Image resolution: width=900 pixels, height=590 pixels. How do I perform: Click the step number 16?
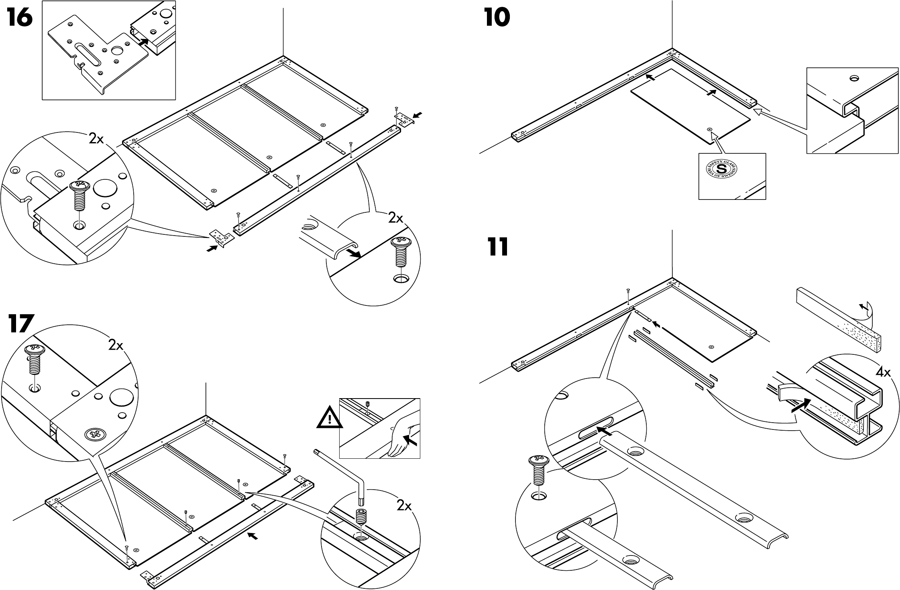coord(19,18)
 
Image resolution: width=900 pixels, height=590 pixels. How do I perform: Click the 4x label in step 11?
coord(883,372)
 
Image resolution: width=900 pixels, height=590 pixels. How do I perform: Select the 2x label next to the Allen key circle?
coord(404,506)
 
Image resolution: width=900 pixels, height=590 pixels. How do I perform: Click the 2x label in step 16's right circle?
coord(396,218)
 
